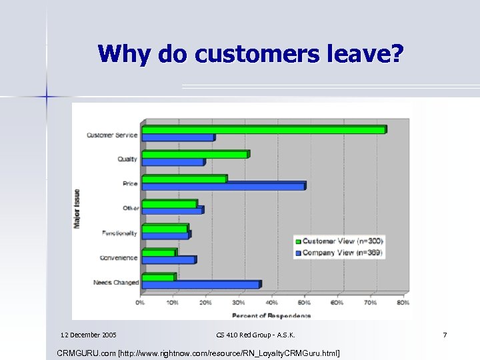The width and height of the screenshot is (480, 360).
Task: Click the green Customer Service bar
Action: coord(264,129)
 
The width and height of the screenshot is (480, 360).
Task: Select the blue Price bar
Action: coord(223,187)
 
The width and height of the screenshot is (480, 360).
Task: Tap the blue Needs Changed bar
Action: coord(201,285)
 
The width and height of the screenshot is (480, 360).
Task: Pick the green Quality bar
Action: coord(195,154)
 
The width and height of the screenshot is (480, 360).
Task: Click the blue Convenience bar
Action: coord(169,260)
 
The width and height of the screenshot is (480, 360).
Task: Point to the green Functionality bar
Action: coord(165,228)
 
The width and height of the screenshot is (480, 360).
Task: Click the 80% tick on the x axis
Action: coord(403,303)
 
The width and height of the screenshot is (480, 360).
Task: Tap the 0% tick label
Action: coord(140,303)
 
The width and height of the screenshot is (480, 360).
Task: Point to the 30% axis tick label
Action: coord(239,303)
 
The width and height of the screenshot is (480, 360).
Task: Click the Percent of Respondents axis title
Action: coord(271,315)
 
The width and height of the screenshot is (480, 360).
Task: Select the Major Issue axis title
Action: coord(77,209)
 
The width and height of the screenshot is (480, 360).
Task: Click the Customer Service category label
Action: coord(112,135)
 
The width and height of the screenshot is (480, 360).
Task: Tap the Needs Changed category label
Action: coord(116,283)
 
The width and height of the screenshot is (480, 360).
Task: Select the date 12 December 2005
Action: coord(88,334)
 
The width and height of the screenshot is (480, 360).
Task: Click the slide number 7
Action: coord(445,334)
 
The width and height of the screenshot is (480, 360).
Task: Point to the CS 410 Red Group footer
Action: coord(256,334)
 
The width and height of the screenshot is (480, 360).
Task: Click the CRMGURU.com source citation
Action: coord(199,351)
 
